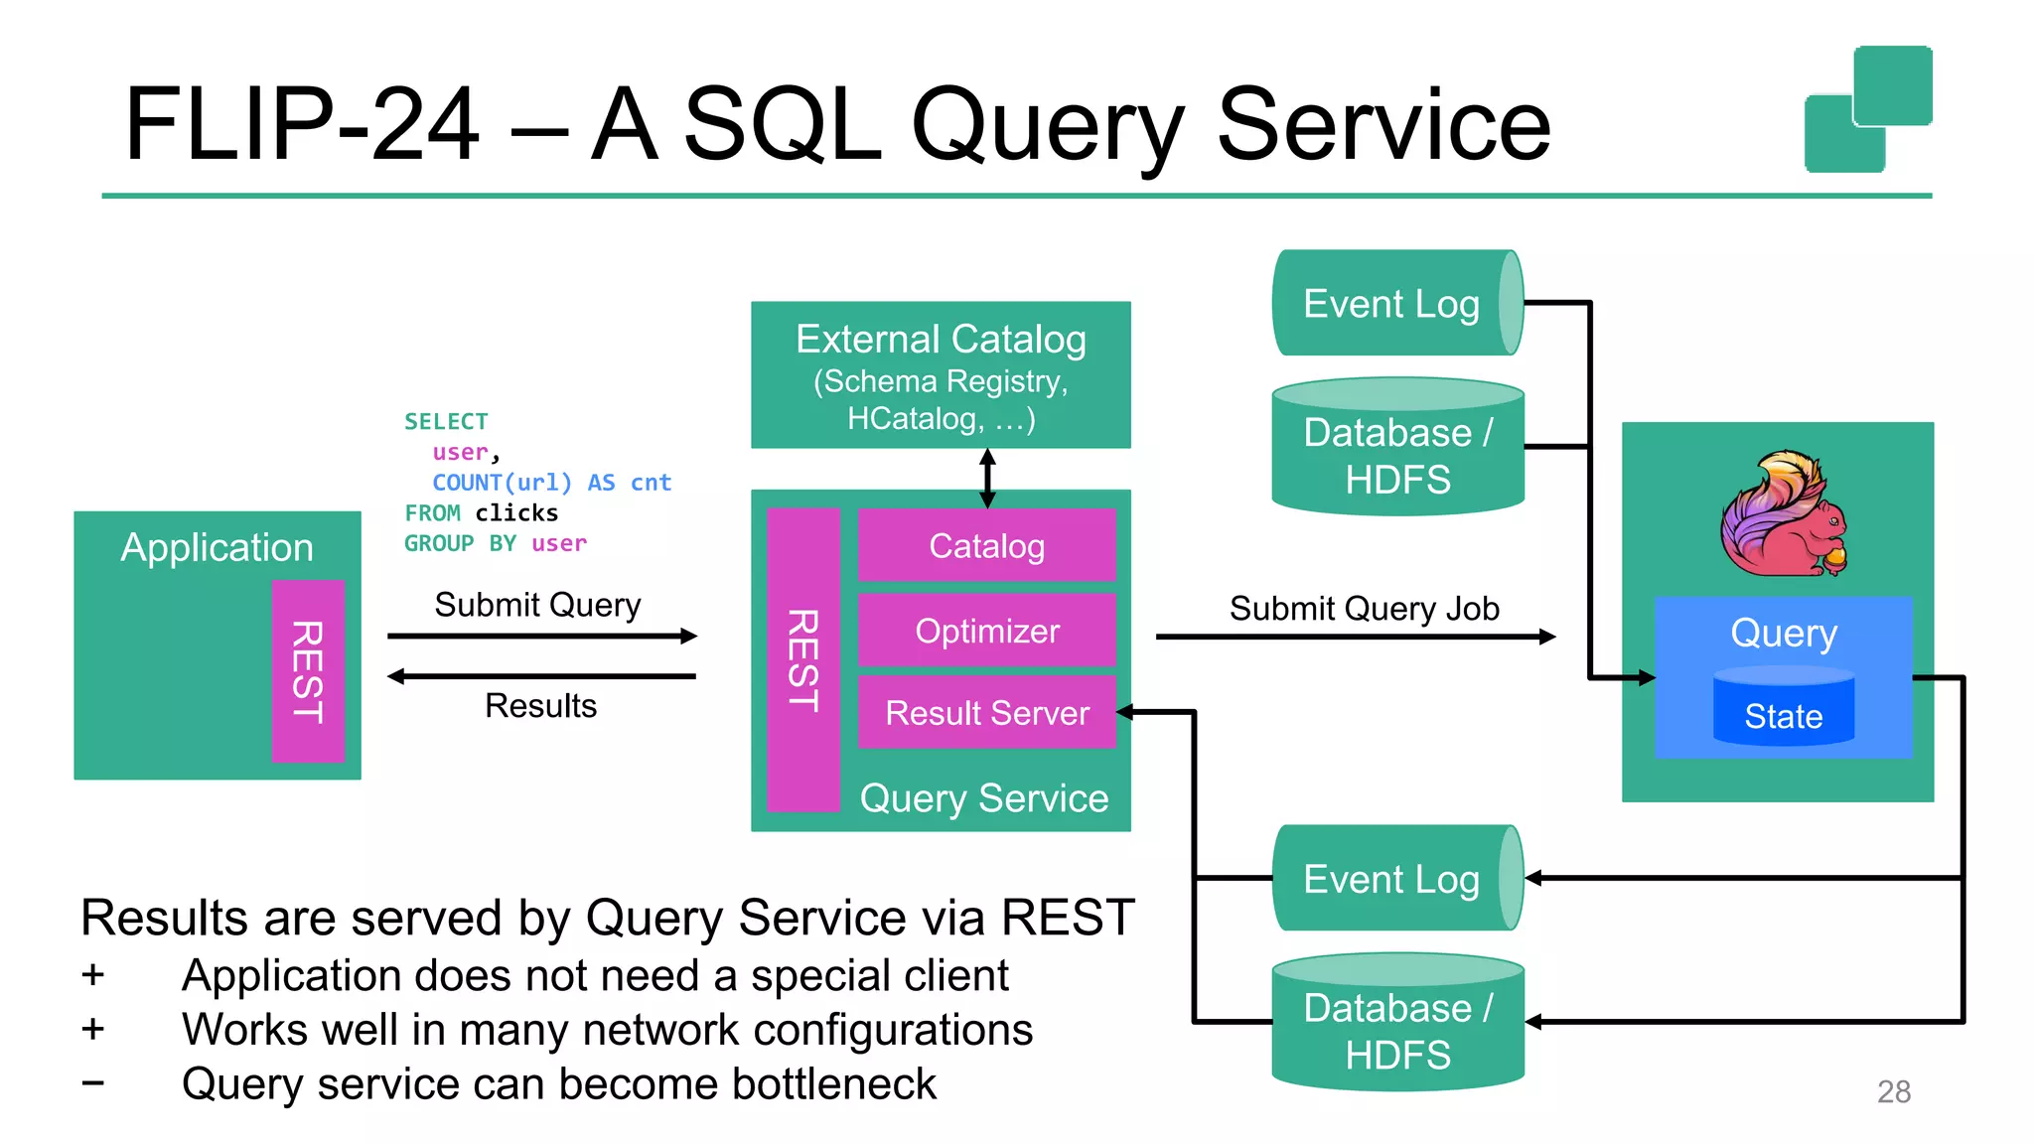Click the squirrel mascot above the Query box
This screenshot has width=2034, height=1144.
click(1784, 514)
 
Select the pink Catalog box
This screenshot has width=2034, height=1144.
click(986, 545)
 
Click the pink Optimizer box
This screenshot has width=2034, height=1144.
click(986, 631)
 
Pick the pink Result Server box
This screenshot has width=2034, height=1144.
click(986, 712)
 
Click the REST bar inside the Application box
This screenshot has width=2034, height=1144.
click(308, 671)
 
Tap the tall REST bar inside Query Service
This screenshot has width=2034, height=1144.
click(803, 659)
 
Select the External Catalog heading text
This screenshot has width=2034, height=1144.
click(941, 340)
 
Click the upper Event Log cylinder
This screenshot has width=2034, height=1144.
click(1394, 303)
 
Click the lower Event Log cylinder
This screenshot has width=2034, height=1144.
click(1394, 879)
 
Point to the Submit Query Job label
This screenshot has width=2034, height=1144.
click(1364, 609)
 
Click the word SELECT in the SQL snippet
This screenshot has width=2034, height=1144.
click(446, 422)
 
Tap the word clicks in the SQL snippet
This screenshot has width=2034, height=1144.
click(516, 513)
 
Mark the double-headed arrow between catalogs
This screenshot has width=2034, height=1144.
click(987, 478)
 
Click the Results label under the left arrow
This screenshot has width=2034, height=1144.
click(540, 706)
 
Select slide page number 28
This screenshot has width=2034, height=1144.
click(1893, 1091)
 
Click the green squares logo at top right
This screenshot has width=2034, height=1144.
click(1867, 109)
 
